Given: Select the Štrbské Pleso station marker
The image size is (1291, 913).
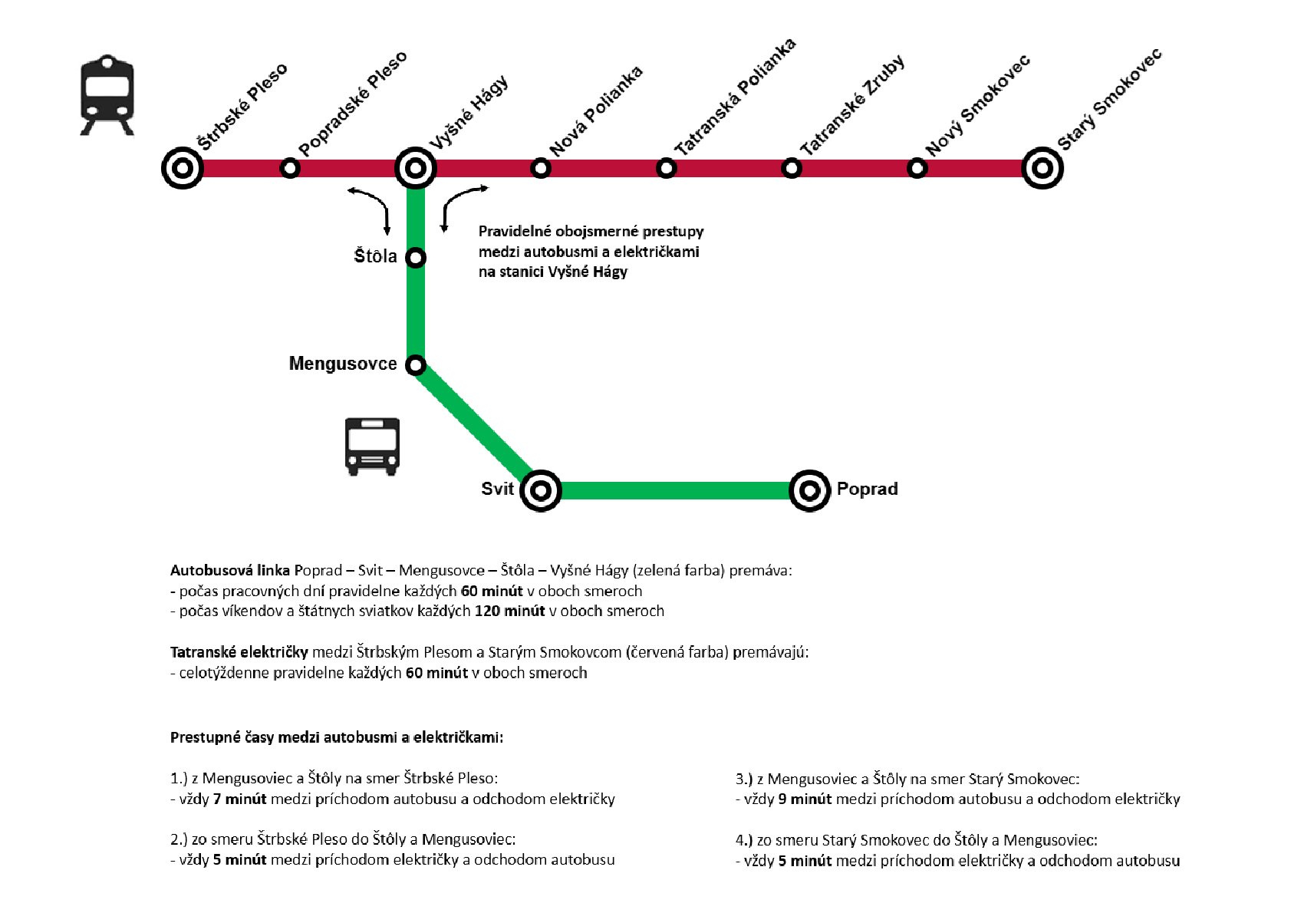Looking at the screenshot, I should (x=183, y=167).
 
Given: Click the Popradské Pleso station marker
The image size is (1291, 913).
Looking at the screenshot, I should (x=290, y=167).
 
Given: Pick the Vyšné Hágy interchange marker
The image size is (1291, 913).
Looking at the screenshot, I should (x=416, y=167).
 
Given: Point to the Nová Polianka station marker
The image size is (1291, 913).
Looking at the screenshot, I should (x=541, y=167).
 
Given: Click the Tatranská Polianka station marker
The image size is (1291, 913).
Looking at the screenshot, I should (x=666, y=167).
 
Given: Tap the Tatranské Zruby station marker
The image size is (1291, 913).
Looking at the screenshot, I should (x=792, y=167).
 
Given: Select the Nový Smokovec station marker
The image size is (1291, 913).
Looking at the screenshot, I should (x=917, y=167).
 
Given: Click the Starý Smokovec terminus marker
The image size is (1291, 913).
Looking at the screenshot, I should (x=1042, y=167).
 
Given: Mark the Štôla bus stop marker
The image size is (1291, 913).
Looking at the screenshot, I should (x=416, y=257).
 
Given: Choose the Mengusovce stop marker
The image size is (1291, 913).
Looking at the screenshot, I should (x=416, y=364).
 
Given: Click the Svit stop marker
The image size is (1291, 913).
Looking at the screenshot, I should (x=541, y=490).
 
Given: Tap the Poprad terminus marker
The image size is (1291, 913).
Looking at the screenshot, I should (x=809, y=490).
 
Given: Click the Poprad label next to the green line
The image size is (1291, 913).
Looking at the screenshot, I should (x=867, y=489).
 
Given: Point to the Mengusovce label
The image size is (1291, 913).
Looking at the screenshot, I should (x=343, y=364).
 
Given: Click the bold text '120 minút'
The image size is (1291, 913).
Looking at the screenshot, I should (x=509, y=611).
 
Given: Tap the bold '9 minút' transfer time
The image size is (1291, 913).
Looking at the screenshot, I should (x=805, y=799).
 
